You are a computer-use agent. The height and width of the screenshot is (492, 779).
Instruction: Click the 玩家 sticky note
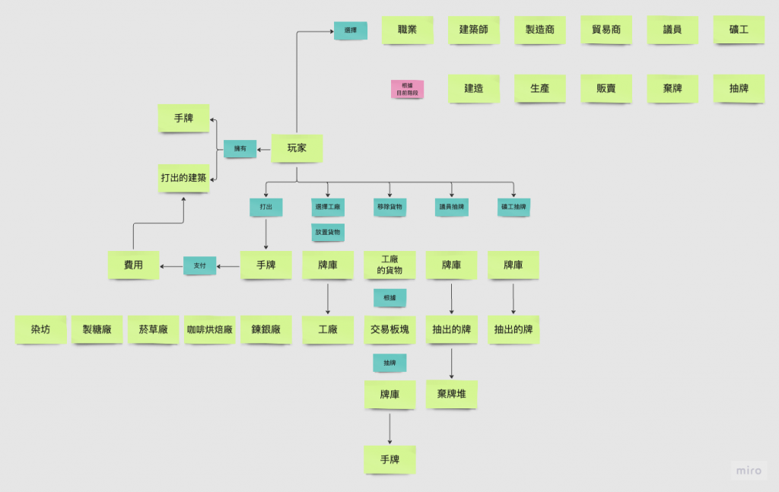pyautogui.click(x=297, y=148)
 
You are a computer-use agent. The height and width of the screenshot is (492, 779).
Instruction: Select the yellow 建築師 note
pyautogui.click(x=473, y=30)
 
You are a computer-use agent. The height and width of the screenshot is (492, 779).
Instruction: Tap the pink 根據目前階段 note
pyautogui.click(x=407, y=89)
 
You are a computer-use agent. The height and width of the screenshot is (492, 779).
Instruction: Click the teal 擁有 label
pyautogui.click(x=240, y=149)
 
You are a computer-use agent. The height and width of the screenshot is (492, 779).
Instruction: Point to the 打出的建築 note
pyautogui.click(x=183, y=178)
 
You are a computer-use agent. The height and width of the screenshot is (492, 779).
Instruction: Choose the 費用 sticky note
pyautogui.click(x=133, y=265)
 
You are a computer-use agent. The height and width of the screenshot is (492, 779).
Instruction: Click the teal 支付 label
pyautogui.click(x=200, y=265)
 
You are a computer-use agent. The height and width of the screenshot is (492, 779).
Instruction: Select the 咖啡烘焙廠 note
pyautogui.click(x=210, y=330)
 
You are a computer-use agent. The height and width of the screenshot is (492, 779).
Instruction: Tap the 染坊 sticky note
pyautogui.click(x=41, y=330)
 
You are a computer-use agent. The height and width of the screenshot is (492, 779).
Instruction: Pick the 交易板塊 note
pyautogui.click(x=389, y=330)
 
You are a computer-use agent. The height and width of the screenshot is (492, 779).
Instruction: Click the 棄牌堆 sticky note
pyautogui.click(x=452, y=394)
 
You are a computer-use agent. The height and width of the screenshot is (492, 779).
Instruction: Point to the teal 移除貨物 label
pyautogui.click(x=389, y=207)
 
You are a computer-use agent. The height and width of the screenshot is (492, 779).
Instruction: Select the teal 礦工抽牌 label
pyautogui.click(x=514, y=207)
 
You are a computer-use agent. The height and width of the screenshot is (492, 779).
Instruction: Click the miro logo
pyautogui.click(x=749, y=471)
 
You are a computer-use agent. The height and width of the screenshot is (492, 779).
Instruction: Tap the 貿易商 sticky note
pyautogui.click(x=606, y=30)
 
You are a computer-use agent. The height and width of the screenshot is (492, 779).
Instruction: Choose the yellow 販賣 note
pyautogui.click(x=606, y=88)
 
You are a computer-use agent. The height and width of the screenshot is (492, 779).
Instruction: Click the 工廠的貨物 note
pyautogui.click(x=389, y=265)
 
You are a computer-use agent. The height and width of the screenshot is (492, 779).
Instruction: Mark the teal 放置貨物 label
pyautogui.click(x=328, y=230)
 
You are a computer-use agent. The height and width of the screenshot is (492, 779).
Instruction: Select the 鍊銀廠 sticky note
pyautogui.click(x=266, y=330)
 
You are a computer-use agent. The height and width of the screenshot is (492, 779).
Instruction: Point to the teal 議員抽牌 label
pyautogui.click(x=452, y=207)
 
